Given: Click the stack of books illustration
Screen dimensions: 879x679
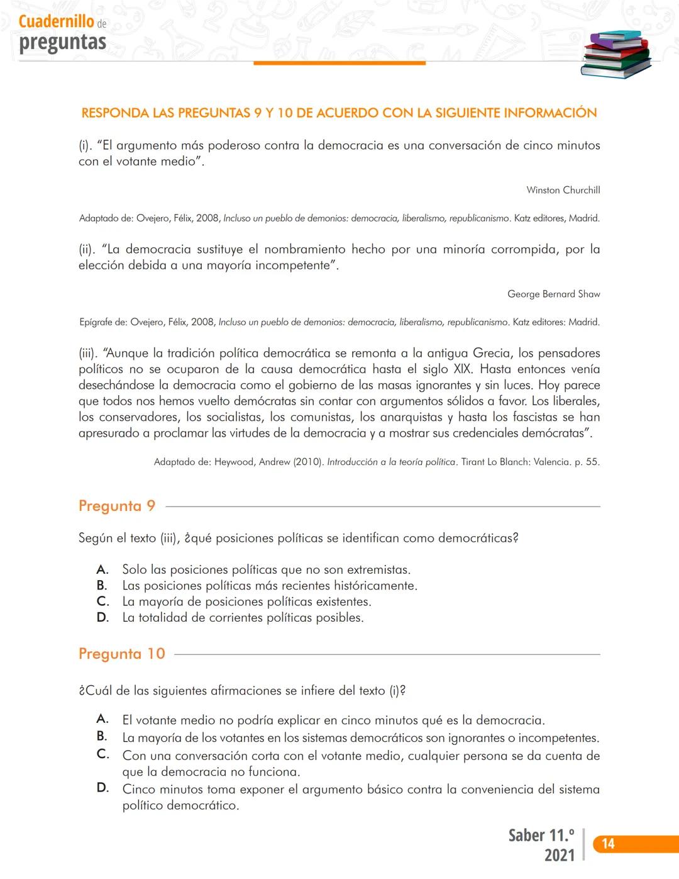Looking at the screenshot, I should pos(616,54).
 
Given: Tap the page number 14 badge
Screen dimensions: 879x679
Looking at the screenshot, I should pos(608,844).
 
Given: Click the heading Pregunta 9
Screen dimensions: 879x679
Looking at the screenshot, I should pos(117,506).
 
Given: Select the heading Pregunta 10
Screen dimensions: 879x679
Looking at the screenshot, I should pos(122,654).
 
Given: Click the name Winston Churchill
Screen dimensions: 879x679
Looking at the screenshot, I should pos(563,190).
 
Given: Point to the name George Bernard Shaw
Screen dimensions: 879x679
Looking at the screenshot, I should pos(554,294).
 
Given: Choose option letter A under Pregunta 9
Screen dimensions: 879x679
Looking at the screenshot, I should pos(102,569).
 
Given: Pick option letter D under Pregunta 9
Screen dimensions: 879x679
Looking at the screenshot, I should pos(102,617).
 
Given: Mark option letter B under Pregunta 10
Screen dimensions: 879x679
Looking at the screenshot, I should pos(102,736).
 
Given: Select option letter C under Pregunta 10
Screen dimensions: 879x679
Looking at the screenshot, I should pos(102,754).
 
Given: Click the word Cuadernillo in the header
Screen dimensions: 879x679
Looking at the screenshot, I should pos(57,21).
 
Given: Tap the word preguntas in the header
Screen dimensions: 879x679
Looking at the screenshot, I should pos(63,42).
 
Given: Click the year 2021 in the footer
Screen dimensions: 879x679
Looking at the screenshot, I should pos(560,855).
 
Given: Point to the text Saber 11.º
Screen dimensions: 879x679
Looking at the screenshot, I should pos(541,836).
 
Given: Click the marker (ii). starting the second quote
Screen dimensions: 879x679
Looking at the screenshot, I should pos(87,249).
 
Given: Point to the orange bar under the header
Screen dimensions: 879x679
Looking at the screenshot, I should pos(339,63).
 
